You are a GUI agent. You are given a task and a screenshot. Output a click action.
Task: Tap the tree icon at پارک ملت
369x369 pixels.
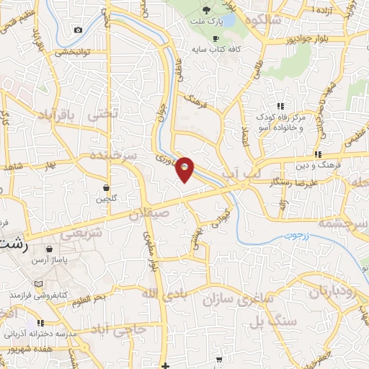(207, 10)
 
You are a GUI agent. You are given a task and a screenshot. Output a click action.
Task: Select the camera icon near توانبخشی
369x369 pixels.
(78, 30)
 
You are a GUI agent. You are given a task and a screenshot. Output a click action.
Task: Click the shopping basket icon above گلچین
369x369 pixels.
(107, 187)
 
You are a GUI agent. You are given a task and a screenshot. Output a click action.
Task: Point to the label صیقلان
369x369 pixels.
(150, 213)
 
